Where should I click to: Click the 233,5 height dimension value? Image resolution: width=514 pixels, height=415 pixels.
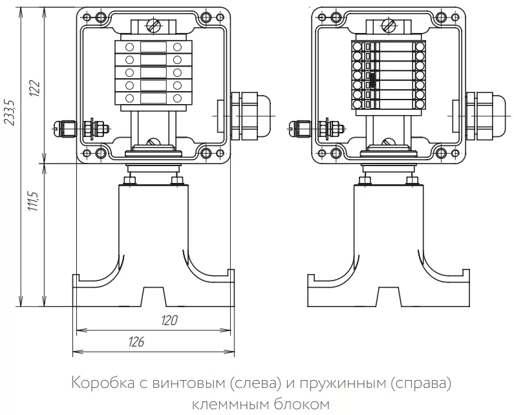pos(9,114)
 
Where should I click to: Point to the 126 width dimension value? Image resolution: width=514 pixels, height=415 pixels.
pos(136,342)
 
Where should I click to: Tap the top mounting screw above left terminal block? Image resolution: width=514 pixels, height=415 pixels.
pos(153,27)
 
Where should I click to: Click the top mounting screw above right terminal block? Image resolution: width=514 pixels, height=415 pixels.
pos(388,27)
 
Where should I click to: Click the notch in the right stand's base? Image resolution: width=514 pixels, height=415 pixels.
pos(389,297)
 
